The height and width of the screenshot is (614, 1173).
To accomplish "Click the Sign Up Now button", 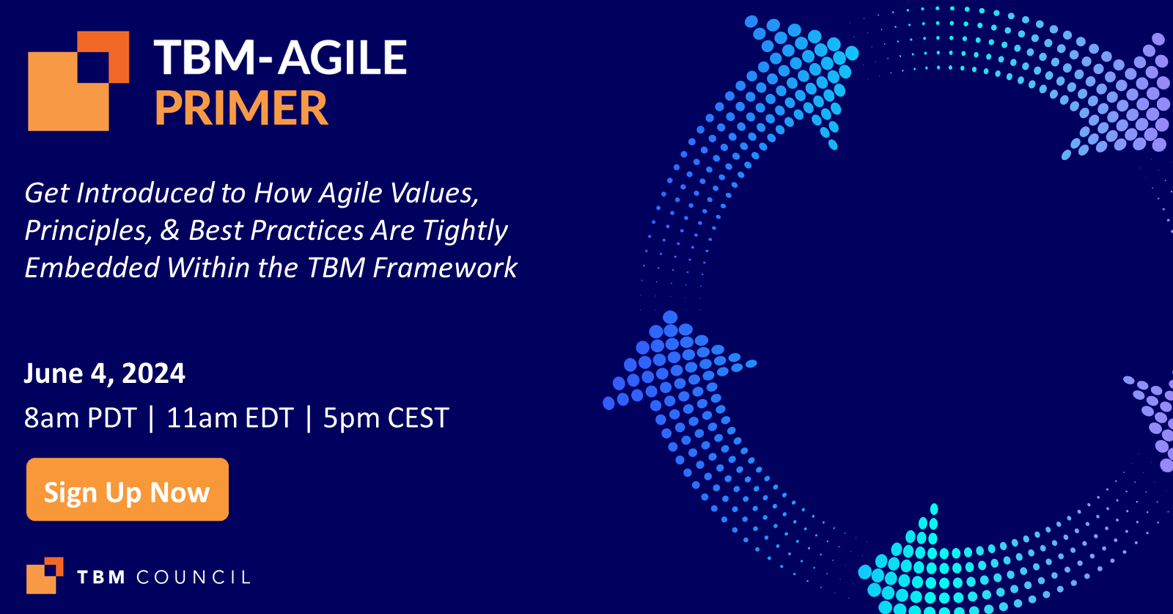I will click(x=127, y=490).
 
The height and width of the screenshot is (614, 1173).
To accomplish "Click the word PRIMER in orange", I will click(x=240, y=109).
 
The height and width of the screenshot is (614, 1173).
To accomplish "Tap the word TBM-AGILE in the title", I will click(x=280, y=58).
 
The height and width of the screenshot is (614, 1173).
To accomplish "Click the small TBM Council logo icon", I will click(x=44, y=576).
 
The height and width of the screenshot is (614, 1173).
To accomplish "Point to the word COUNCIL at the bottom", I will click(x=194, y=577).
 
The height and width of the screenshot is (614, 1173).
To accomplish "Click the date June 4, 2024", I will click(x=104, y=373).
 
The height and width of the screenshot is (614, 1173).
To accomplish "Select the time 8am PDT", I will click(x=80, y=418).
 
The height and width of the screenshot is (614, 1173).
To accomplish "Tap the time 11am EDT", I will click(x=229, y=418).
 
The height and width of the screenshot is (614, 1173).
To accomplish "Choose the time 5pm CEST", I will click(x=386, y=418).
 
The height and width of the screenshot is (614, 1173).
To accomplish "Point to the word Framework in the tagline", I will click(x=444, y=268).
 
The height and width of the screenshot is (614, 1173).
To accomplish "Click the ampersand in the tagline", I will click(x=169, y=230).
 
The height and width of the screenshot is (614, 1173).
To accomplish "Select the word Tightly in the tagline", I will click(x=465, y=230).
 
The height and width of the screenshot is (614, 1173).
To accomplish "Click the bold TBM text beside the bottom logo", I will click(x=101, y=577).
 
